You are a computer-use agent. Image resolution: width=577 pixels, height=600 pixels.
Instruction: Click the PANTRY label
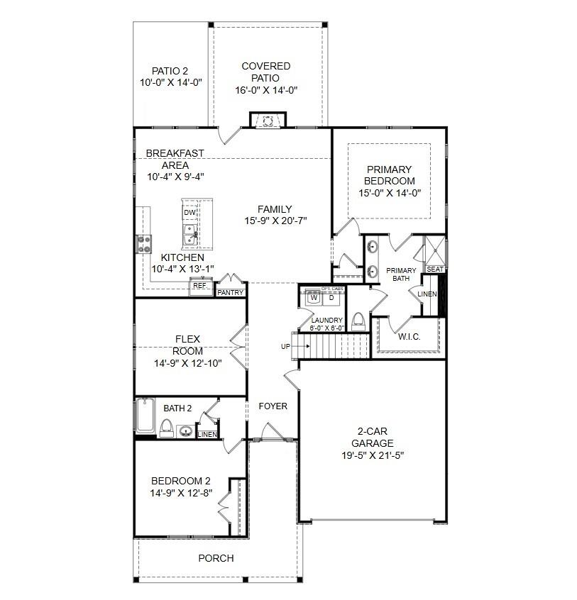(231, 292)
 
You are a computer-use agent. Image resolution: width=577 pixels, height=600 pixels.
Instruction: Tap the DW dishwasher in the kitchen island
(190, 212)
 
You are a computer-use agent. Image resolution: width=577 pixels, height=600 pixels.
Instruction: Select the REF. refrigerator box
(200, 286)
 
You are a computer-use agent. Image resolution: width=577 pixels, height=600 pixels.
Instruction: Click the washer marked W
(314, 298)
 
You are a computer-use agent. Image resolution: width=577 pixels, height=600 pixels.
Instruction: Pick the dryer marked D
(331, 298)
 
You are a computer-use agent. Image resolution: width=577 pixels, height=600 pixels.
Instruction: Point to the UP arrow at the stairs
(302, 346)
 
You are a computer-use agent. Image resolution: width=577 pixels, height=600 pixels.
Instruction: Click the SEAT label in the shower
(435, 270)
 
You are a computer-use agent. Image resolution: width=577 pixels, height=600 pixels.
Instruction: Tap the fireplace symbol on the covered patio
(268, 121)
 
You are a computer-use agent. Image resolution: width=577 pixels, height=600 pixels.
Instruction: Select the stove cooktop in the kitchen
(144, 245)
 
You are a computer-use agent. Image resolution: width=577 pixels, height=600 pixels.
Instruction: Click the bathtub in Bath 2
(145, 416)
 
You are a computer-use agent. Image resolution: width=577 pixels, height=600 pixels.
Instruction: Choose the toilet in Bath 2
(167, 428)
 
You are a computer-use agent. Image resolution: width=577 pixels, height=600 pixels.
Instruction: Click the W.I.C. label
(409, 337)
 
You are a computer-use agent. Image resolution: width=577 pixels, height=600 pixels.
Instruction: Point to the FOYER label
(273, 406)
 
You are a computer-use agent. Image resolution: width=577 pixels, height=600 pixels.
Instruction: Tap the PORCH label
(216, 558)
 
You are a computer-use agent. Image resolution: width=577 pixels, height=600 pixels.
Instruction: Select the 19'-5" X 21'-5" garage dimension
(373, 455)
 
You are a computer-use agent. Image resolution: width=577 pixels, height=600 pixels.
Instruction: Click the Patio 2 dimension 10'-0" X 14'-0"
(171, 83)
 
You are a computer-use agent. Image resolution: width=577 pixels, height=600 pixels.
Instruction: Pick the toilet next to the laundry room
(358, 321)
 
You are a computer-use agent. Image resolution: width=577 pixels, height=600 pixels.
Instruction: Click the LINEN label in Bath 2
(207, 435)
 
